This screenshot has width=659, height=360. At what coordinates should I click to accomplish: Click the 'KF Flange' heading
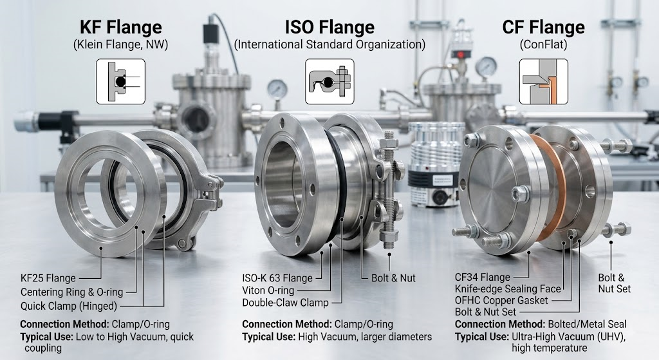click(120, 27)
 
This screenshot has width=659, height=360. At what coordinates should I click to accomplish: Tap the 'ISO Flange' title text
click(330, 27)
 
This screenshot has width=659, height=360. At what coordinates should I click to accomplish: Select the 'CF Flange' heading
click(543, 27)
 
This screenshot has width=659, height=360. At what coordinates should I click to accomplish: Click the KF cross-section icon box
click(120, 82)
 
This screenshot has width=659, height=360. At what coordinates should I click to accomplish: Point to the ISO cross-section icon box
click(329, 82)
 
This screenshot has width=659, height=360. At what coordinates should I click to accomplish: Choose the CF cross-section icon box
click(543, 82)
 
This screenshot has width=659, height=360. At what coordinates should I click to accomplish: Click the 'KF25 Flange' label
click(48, 278)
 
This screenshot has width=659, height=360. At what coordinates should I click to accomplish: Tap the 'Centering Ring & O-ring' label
click(72, 292)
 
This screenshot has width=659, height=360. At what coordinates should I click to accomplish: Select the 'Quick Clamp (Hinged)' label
click(69, 306)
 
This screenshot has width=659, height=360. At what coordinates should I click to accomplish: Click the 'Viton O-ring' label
click(268, 290)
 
